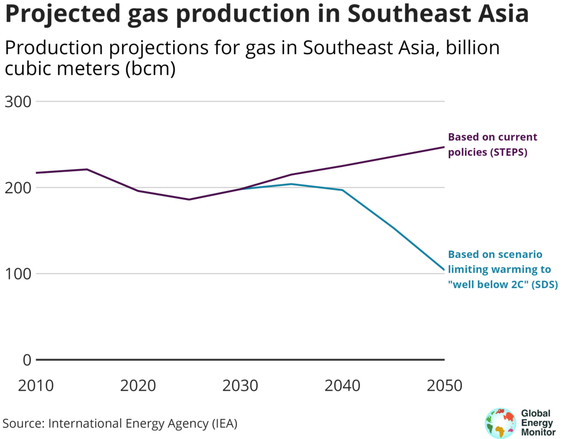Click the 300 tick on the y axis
[x=18, y=102]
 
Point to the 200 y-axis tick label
[x=18, y=188]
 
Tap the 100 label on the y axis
[x=18, y=274]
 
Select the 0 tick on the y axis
[x=26, y=360]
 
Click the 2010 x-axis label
[x=36, y=385]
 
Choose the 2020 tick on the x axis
[x=138, y=385]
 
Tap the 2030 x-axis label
[x=240, y=385]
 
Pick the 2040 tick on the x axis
[x=342, y=385]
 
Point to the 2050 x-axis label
[x=444, y=385]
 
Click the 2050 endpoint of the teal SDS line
[x=444, y=270]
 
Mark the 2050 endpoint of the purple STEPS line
[x=444, y=147]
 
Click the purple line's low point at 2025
[x=189, y=199]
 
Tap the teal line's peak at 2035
[x=291, y=184]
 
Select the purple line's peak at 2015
[x=87, y=169]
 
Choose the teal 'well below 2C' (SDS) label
[x=503, y=269]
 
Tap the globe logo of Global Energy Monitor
[x=498, y=423]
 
